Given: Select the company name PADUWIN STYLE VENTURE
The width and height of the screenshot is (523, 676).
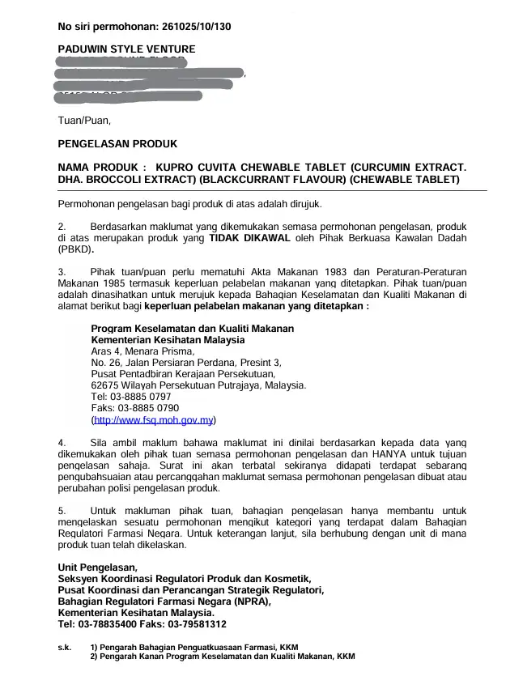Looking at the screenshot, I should click(x=126, y=49).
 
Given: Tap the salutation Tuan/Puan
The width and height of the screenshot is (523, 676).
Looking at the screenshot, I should click(x=83, y=121).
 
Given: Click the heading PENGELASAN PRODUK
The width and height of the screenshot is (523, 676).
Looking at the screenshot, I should click(x=117, y=144).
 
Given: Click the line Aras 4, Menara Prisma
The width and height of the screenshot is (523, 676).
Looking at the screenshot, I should click(x=143, y=351).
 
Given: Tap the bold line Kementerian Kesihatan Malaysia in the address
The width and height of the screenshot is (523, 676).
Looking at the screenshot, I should click(x=168, y=340).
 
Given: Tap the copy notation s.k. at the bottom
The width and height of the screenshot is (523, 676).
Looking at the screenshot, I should click(x=65, y=648).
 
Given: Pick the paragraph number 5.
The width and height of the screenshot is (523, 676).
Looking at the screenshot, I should click(x=62, y=511).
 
